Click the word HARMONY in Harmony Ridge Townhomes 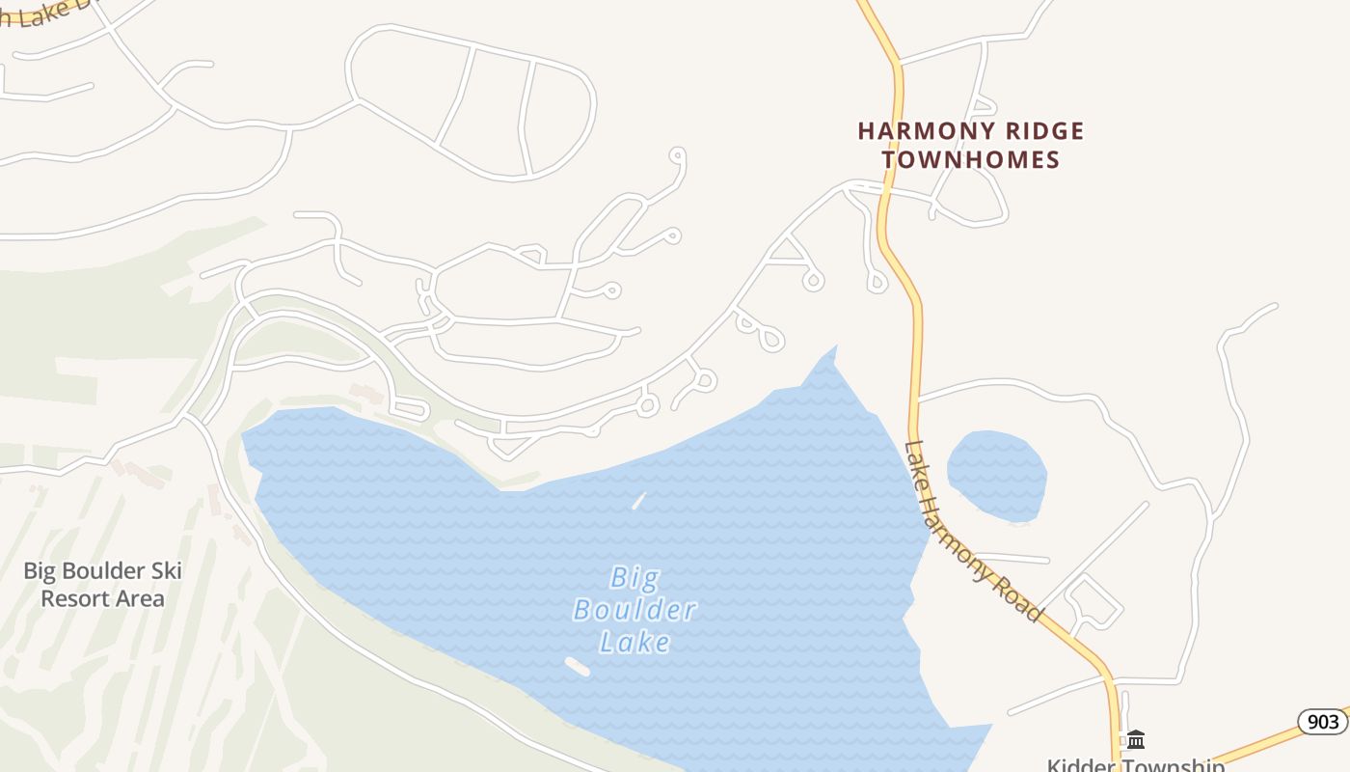(x=914, y=130)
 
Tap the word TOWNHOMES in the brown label (x=971, y=159)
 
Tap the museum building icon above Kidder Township (x=1136, y=739)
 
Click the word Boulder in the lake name (x=634, y=610)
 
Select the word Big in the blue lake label (x=635, y=578)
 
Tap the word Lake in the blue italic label (x=634, y=642)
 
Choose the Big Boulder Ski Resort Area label (x=102, y=584)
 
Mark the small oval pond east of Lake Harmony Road (x=997, y=476)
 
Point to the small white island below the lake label (x=577, y=666)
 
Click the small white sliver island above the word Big (x=638, y=500)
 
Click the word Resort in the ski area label (x=70, y=598)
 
